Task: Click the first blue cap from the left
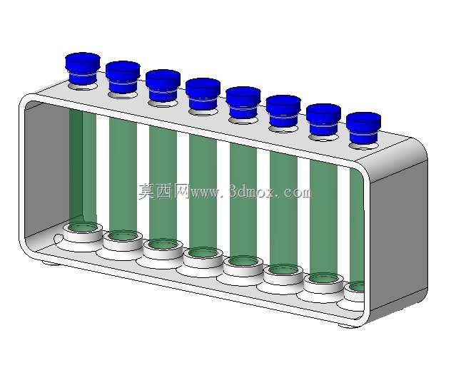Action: (83, 68)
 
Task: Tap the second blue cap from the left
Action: (123, 77)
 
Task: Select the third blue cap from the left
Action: (163, 86)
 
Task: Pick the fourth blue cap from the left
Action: (203, 94)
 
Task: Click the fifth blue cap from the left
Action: (243, 102)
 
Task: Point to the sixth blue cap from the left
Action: (283, 111)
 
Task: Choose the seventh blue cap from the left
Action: (323, 120)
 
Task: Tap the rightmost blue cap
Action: (363, 128)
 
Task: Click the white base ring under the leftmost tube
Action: (83, 232)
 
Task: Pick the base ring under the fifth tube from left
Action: (243, 266)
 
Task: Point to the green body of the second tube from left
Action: (123, 175)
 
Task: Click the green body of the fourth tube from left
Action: (203, 192)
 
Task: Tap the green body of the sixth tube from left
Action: (283, 209)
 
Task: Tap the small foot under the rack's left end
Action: (51, 262)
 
